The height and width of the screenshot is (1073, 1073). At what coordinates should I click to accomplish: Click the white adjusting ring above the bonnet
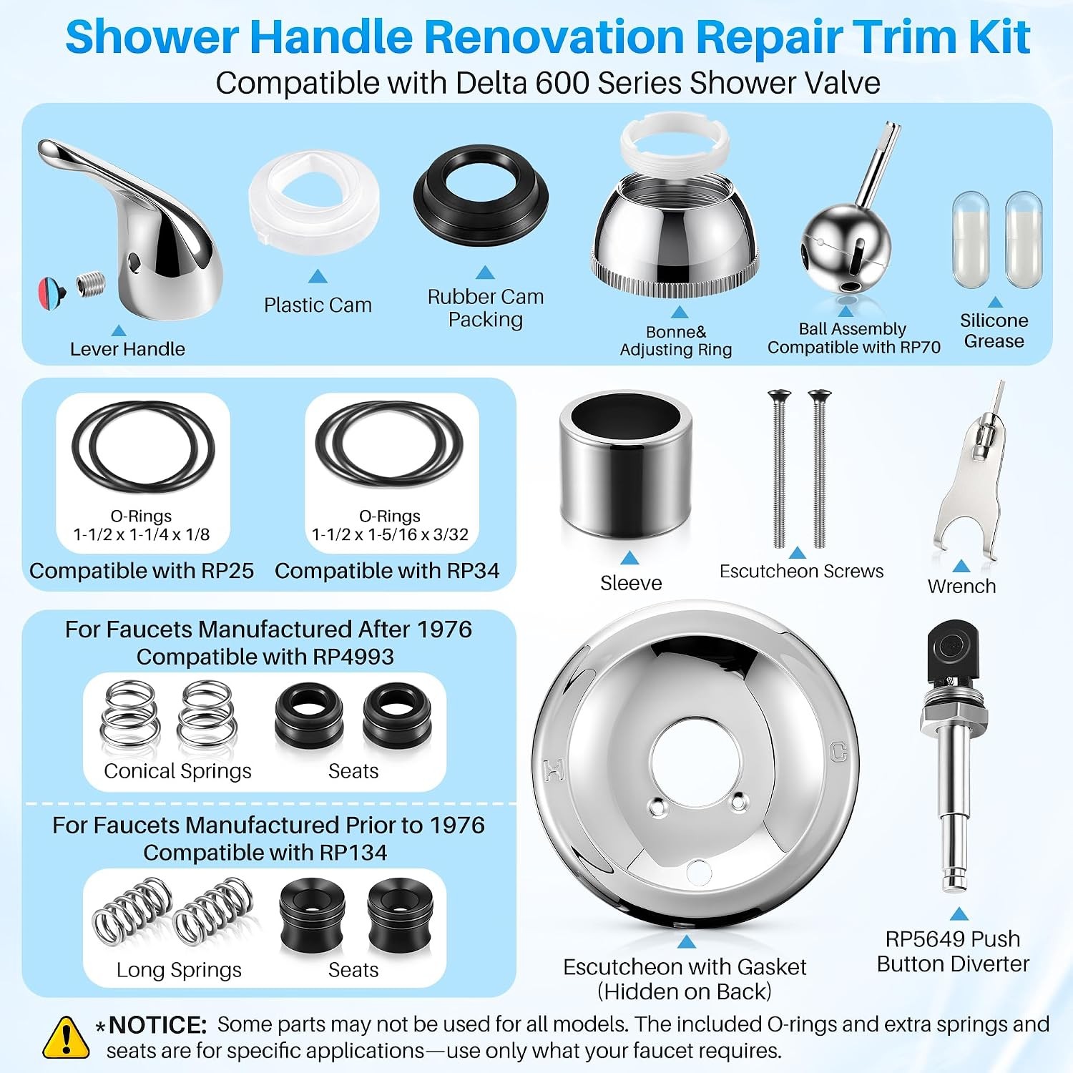(674, 143)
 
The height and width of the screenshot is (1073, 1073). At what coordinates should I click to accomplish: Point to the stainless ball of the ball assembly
(846, 247)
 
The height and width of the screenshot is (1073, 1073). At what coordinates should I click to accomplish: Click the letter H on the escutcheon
(554, 770)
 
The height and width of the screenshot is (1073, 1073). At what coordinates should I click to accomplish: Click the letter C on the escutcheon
(838, 752)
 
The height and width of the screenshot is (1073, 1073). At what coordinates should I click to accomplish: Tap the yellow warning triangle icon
(66, 1038)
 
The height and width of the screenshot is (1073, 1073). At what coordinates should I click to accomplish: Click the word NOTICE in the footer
(157, 1025)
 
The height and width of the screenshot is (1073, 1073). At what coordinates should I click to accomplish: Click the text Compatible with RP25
(142, 571)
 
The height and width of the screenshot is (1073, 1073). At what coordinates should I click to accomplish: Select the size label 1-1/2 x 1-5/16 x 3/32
(390, 534)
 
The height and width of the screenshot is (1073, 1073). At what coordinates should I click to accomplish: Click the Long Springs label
(179, 970)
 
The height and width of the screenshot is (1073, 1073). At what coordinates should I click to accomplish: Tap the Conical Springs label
(177, 771)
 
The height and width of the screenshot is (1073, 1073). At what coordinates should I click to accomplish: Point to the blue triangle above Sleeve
(629, 558)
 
